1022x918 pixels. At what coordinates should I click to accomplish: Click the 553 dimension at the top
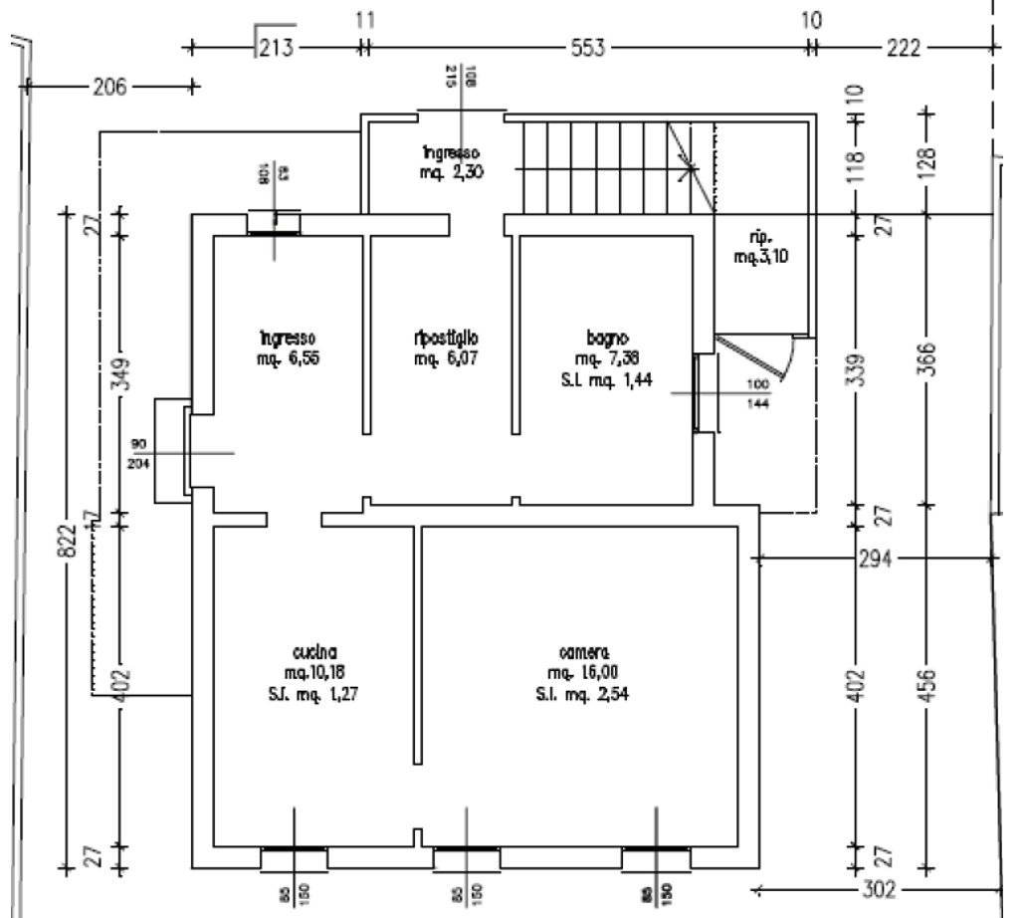[x=587, y=47]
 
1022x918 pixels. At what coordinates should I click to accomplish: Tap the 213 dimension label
[x=276, y=47]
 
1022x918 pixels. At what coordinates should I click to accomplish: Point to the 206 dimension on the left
[x=109, y=87]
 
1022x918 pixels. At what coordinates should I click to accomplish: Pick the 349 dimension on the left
[x=119, y=375]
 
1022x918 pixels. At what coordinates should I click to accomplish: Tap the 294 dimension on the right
[x=876, y=559]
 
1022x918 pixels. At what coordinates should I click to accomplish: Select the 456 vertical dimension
[x=926, y=686]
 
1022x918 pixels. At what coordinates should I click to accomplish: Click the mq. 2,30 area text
[x=453, y=171]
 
